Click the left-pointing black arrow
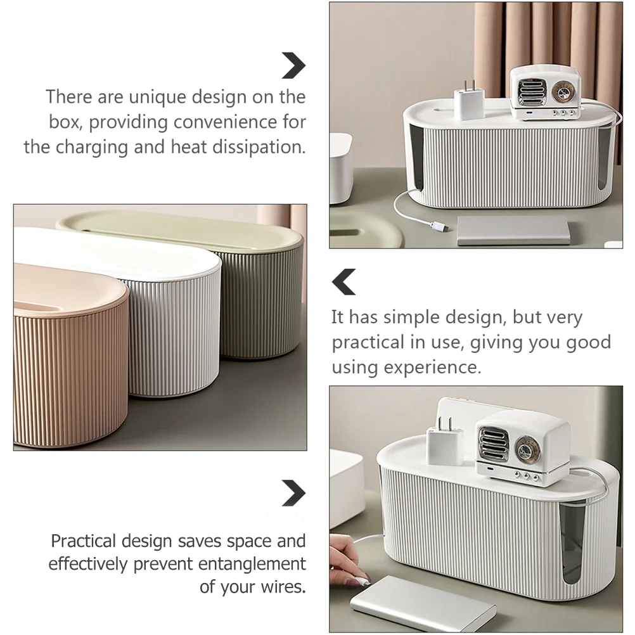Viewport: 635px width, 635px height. [344, 282]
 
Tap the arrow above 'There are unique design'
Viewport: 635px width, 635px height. [293, 66]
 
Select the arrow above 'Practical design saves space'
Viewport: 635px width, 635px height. [293, 492]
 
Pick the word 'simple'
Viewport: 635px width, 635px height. [423, 317]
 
